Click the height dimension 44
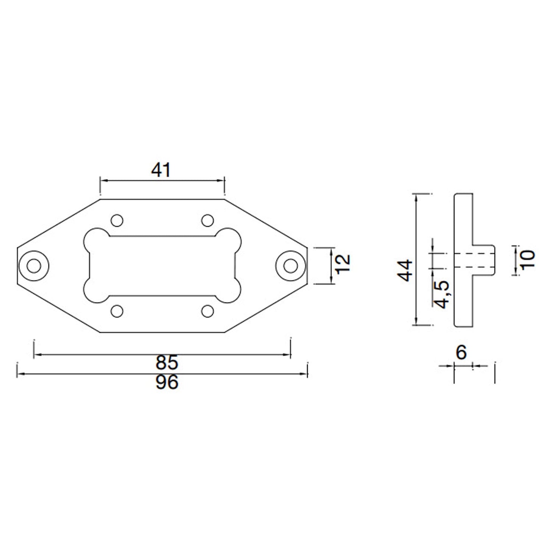click(406, 270)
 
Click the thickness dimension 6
click(461, 353)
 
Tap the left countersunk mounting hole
click(34, 266)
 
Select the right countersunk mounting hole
click(290, 266)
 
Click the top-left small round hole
click(117, 220)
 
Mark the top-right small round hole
click(207, 220)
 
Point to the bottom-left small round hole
click(117, 311)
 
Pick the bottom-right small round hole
click(207, 311)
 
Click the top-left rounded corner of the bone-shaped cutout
click(94, 239)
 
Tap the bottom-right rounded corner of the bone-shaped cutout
click(230, 292)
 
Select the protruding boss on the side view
click(484, 259)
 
